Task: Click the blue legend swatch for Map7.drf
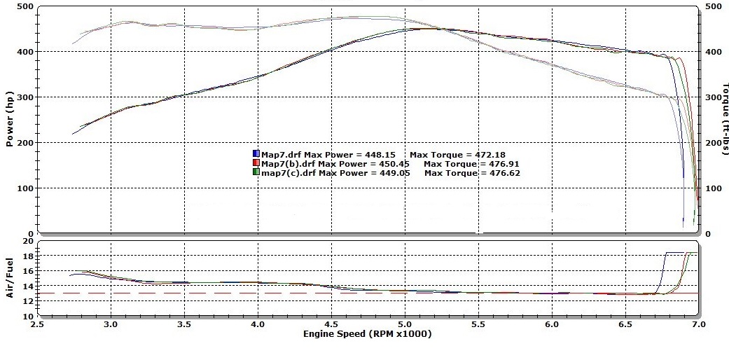[x=255, y=154]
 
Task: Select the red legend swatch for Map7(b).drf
[x=255, y=163]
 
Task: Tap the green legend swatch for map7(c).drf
[x=255, y=172]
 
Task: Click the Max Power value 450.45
[x=391, y=163]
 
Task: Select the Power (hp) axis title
[x=10, y=120]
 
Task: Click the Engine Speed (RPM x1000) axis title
[x=367, y=334]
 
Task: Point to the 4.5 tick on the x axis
[x=331, y=325]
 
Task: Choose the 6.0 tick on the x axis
[x=551, y=325]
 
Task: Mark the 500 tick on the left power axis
[x=25, y=6]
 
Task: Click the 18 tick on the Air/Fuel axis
[x=28, y=256]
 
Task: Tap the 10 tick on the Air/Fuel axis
[x=28, y=316]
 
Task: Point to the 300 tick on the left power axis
[x=25, y=97]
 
